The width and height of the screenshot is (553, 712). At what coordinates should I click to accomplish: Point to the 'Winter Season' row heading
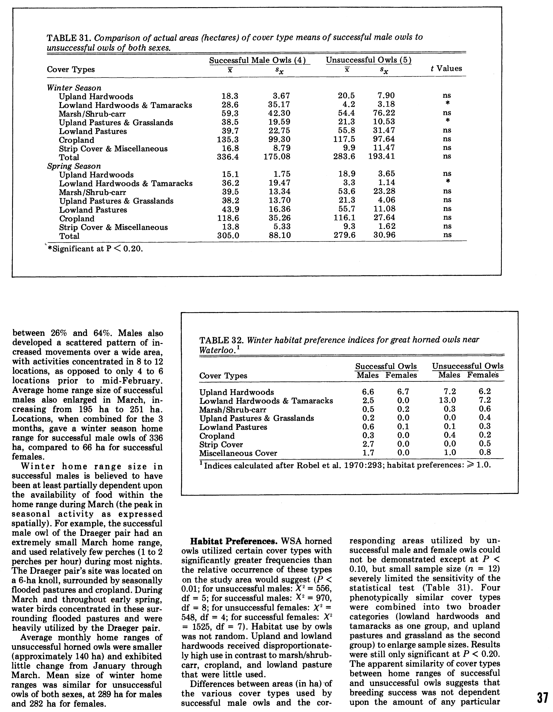pos(74,88)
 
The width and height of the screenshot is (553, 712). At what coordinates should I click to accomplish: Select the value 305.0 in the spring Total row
pos(228,235)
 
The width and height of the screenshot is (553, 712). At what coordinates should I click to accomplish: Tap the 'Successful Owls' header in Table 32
pos(386,366)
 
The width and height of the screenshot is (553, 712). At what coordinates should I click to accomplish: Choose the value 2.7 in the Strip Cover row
pos(368,444)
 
